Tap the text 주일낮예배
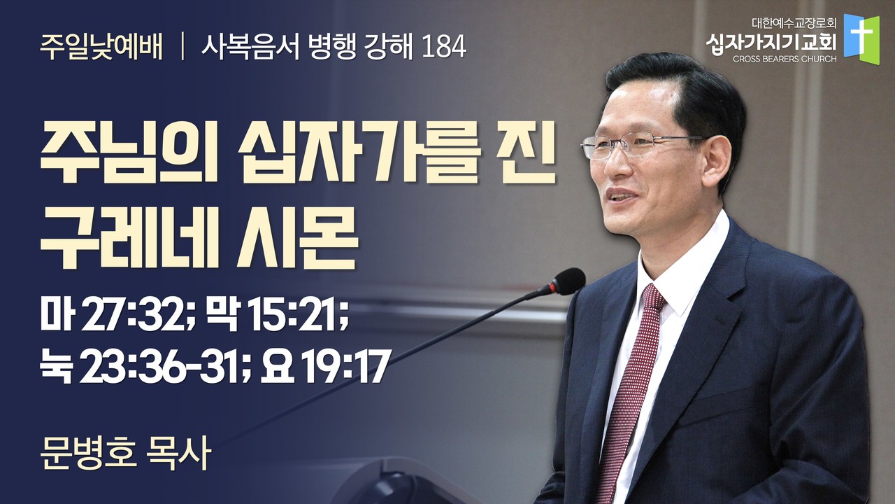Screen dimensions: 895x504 (101, 48)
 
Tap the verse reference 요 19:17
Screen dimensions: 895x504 (324, 365)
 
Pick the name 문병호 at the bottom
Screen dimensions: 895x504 (88, 458)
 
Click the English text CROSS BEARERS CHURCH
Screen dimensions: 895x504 (785, 59)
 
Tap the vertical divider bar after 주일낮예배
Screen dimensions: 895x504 (182, 48)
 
